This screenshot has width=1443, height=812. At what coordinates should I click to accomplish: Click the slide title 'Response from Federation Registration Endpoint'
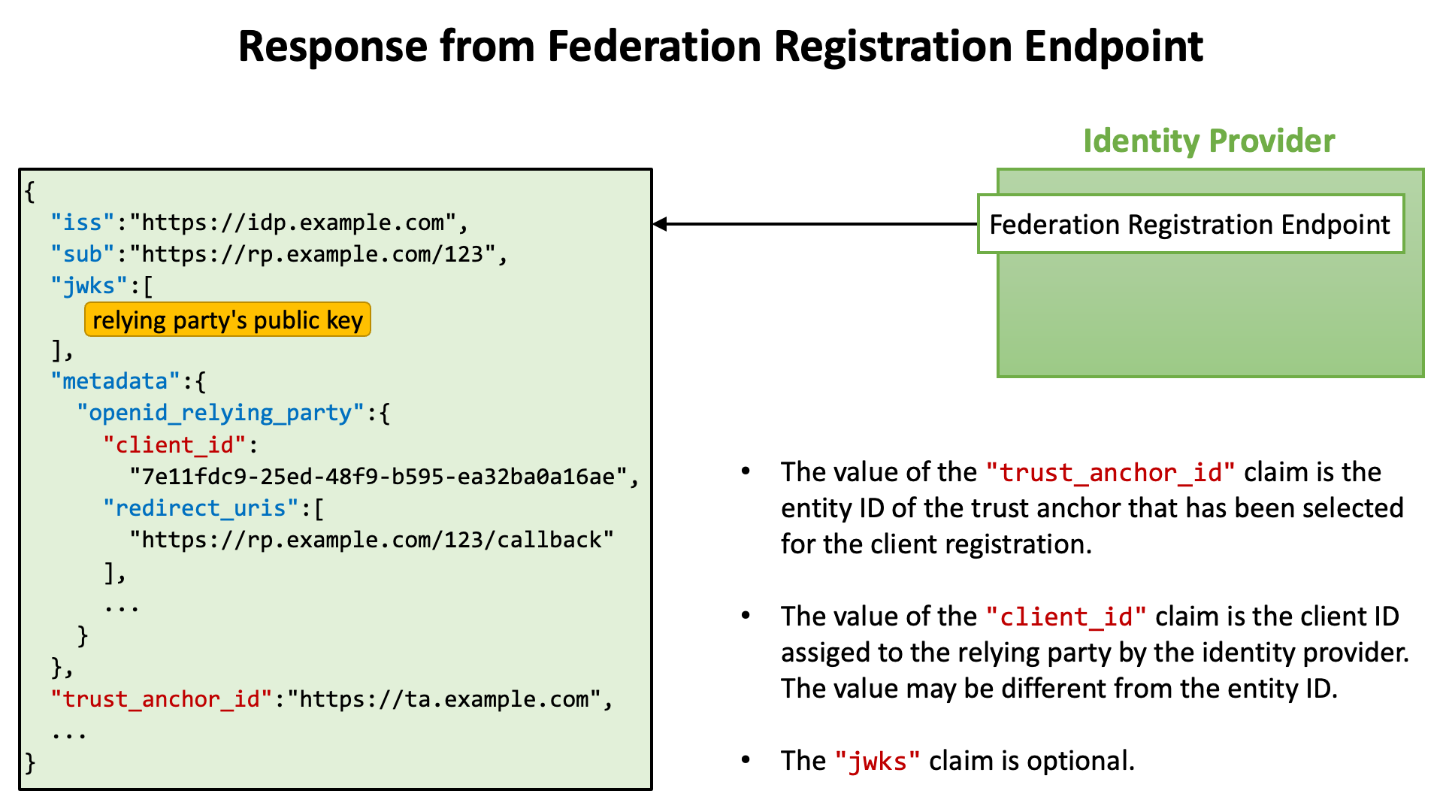pyautogui.click(x=721, y=47)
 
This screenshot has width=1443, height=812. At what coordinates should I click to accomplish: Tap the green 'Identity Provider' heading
pyautogui.click(x=1209, y=141)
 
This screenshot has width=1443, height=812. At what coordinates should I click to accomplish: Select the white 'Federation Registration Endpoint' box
pyautogui.click(x=1190, y=224)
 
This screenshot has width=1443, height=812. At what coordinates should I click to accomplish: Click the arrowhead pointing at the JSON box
pyautogui.click(x=661, y=224)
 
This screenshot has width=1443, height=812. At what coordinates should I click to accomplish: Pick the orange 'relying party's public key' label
pyautogui.click(x=228, y=320)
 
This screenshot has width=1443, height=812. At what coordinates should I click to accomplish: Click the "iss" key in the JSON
pyautogui.click(x=83, y=223)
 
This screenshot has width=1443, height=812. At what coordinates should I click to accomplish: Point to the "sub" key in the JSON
pyautogui.click(x=83, y=254)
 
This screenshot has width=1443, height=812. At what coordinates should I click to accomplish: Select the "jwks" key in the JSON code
pyautogui.click(x=89, y=286)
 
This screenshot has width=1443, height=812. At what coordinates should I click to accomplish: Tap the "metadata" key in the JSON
pyautogui.click(x=116, y=381)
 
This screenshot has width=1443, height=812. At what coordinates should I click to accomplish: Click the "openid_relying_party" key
pyautogui.click(x=221, y=413)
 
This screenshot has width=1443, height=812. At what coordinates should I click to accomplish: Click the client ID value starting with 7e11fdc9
pyautogui.click(x=379, y=477)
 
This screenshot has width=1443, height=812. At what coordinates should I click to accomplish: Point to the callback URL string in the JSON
pyautogui.click(x=372, y=540)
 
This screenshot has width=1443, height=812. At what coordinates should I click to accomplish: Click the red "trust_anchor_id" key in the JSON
pyautogui.click(x=162, y=699)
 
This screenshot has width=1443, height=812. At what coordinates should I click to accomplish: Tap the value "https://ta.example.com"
pyautogui.click(x=444, y=699)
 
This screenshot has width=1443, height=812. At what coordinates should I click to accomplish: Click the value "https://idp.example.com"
pyautogui.click(x=293, y=223)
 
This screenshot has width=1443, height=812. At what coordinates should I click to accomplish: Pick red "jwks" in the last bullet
pyautogui.click(x=878, y=762)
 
